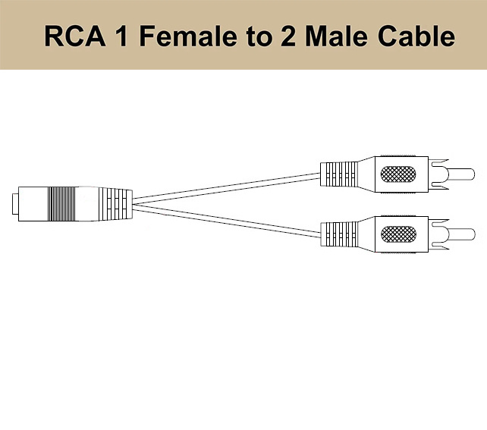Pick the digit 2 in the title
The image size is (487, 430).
coord(288,36)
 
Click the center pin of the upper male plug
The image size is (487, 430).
coord(465,177)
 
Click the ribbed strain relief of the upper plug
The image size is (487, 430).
coord(337,175)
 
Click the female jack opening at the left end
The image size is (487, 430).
coord(16,202)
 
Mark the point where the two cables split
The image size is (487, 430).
coord(137,202)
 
